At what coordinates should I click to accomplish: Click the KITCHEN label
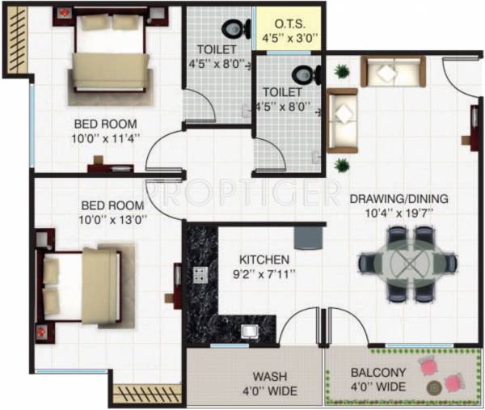pyautogui.click(x=264, y=260)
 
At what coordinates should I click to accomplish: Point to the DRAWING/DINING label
pyautogui.click(x=399, y=199)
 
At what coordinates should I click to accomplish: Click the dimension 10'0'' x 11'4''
pyautogui.click(x=106, y=137)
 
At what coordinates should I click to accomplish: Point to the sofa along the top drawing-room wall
pyautogui.click(x=393, y=71)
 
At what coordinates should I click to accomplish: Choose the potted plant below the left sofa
pyautogui.click(x=342, y=166)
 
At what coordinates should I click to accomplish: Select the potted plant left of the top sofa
pyautogui.click(x=343, y=72)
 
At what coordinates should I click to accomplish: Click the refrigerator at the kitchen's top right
pyautogui.click(x=308, y=237)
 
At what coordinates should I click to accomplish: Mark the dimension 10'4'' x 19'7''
pyautogui.click(x=399, y=213)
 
